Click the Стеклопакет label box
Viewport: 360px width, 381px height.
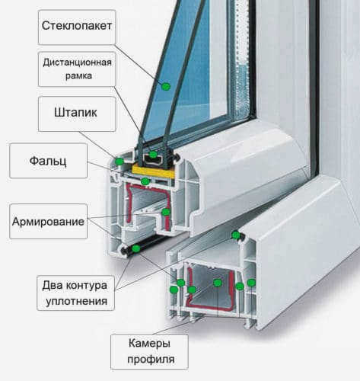pyautogui.click(x=77, y=27)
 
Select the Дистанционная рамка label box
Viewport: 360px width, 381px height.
pyautogui.click(x=77, y=69)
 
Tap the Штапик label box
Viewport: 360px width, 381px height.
pyautogui.click(x=77, y=114)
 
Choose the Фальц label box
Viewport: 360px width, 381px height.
pyautogui.click(x=48, y=161)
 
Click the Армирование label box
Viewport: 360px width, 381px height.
pyautogui.click(x=48, y=221)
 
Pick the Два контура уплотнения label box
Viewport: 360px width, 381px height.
pyautogui.click(x=75, y=293)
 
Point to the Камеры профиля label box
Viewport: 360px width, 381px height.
pyautogui.click(x=149, y=351)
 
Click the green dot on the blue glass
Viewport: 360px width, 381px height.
pyautogui.click(x=166, y=86)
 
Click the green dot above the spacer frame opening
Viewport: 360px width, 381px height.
pyautogui.click(x=153, y=154)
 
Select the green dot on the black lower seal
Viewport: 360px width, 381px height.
pyautogui.click(x=136, y=248)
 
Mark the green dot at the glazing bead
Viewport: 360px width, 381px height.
pyautogui.click(x=119, y=161)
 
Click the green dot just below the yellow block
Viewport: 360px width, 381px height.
pyautogui.click(x=145, y=181)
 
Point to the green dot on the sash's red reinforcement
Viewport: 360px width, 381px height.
pyautogui.click(x=166, y=212)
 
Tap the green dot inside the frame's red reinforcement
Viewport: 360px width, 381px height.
pyautogui.click(x=218, y=283)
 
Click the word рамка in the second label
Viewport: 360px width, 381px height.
pyautogui.click(x=78, y=76)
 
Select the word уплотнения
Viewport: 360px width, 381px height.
pyautogui.click(x=76, y=302)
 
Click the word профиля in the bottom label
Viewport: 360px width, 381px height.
pyautogui.click(x=151, y=359)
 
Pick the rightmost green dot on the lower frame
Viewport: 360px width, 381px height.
pyautogui.click(x=251, y=283)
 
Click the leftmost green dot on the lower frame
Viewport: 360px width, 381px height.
pyautogui.click(x=174, y=290)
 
